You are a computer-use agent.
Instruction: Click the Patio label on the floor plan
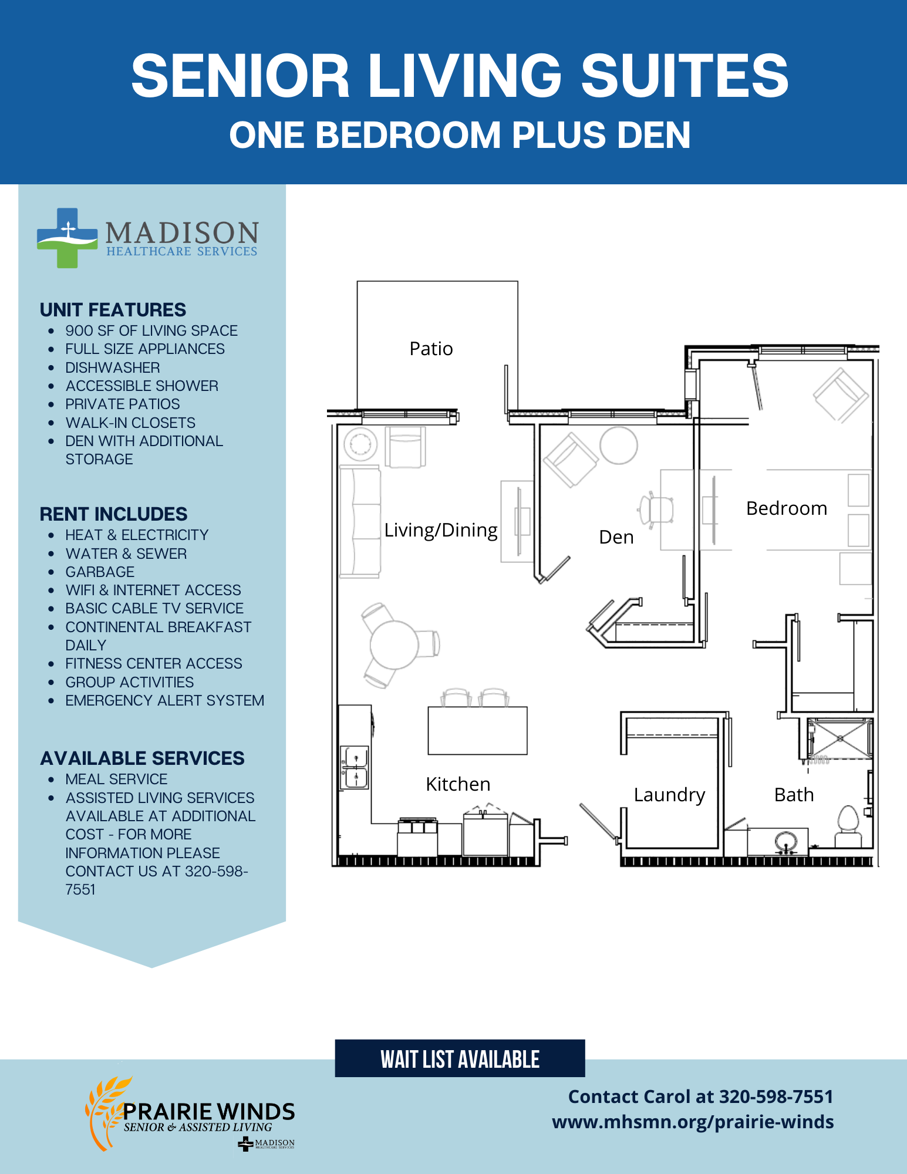click(431, 349)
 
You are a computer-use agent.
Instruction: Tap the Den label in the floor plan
click(616, 537)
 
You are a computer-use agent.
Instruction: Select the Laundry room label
click(669, 795)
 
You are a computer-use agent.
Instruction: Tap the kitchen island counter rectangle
click(477, 730)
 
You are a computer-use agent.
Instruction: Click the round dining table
click(394, 645)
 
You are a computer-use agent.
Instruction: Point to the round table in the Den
click(618, 446)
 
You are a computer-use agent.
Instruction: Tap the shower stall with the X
click(839, 738)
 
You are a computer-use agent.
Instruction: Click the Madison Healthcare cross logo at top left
click(67, 238)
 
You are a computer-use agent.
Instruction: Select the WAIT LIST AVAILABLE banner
click(460, 1058)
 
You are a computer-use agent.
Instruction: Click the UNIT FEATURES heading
click(113, 310)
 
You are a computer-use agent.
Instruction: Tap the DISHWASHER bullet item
click(113, 367)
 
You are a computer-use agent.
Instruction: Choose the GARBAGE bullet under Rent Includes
click(100, 572)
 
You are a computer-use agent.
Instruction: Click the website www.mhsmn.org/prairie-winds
click(693, 1122)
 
